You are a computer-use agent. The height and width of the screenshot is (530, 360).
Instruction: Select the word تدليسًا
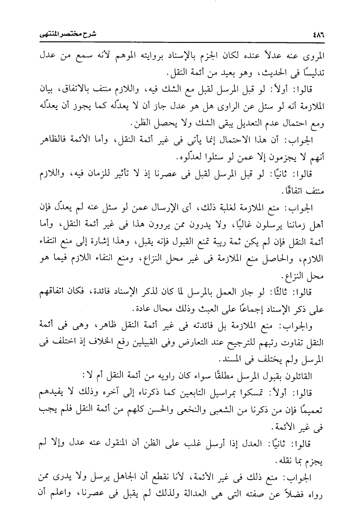pyautogui.click(x=311, y=73)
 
